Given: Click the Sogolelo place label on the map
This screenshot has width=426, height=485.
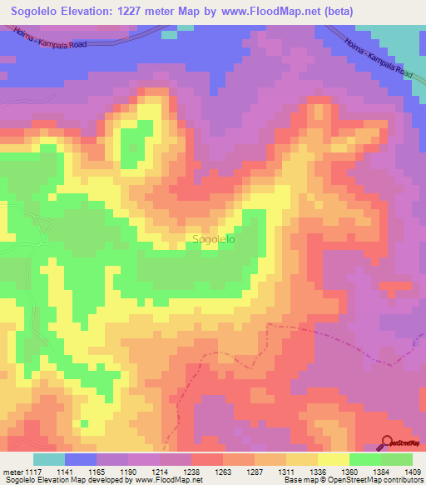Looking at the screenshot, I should coord(213,239).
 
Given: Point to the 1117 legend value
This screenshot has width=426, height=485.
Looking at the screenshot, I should coord(31,472).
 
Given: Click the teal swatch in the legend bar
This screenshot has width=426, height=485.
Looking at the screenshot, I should coord(49,459).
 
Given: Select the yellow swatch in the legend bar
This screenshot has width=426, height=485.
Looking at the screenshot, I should coord(334,459).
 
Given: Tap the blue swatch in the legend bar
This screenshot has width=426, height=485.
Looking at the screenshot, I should coord(81,459).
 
